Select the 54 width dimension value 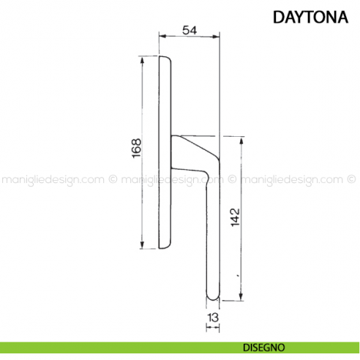coord(189,30)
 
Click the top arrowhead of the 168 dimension coord(142,59)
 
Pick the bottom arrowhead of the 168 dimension coord(142,247)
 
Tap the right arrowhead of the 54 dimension coord(217,37)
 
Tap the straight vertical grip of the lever coord(213,234)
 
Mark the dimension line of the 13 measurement coord(212,326)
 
